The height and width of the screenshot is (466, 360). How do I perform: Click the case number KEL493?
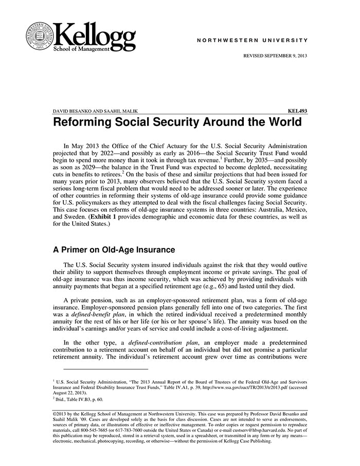pos(298,111)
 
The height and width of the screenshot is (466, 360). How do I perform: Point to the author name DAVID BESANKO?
pos(72,111)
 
